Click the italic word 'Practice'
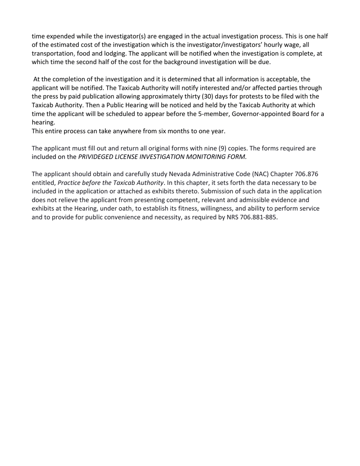coord(69,183)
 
